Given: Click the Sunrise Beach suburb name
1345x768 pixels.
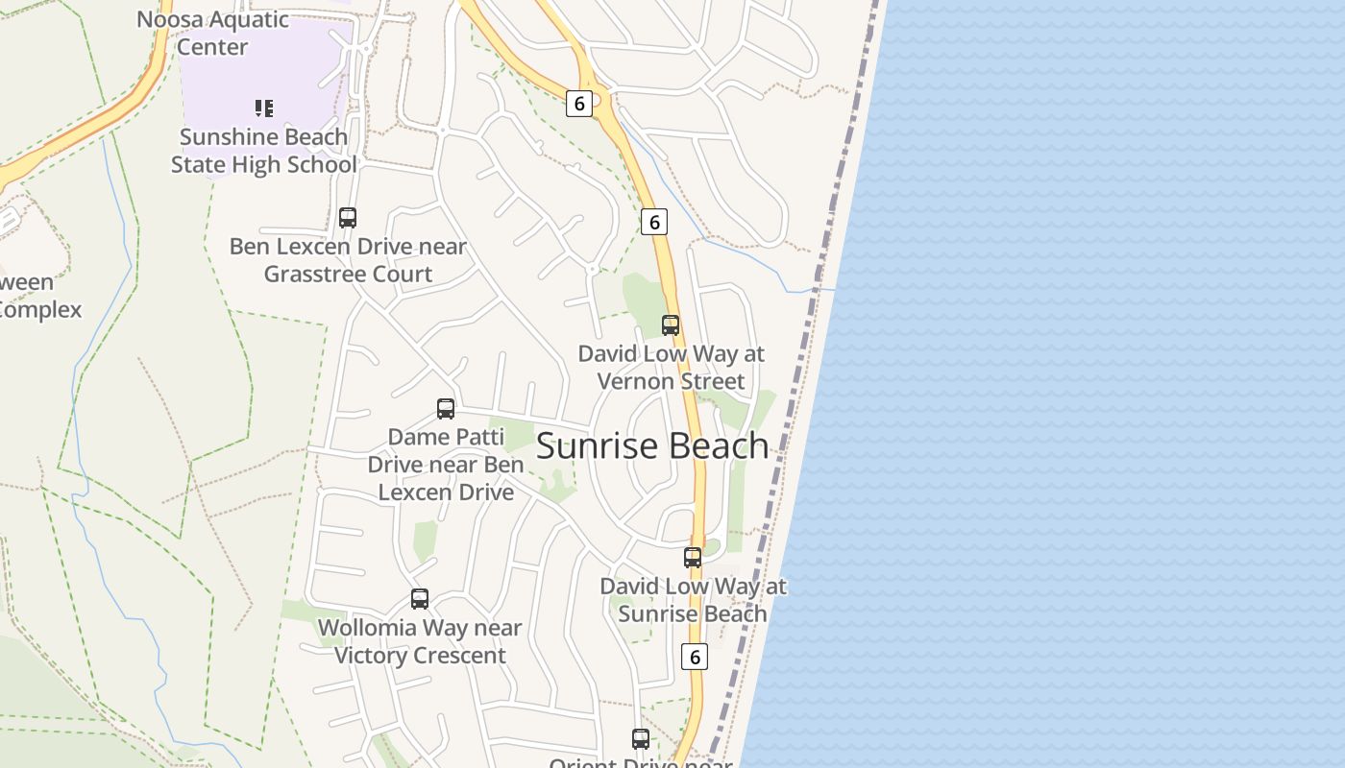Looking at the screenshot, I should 652,446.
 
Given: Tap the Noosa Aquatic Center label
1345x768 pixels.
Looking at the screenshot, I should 212,33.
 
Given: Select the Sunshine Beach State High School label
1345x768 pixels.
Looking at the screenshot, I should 263,151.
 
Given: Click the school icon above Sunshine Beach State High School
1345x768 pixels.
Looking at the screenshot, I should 264,108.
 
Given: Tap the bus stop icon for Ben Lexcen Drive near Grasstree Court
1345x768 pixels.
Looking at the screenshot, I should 348,218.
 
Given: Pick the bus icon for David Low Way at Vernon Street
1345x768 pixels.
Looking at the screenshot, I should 671,325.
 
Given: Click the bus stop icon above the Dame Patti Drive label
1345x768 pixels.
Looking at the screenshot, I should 446,409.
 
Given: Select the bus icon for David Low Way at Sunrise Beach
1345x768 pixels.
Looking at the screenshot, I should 693,558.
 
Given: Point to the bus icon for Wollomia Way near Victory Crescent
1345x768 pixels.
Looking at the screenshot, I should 420,599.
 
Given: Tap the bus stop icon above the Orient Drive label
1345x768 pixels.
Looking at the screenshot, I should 641,739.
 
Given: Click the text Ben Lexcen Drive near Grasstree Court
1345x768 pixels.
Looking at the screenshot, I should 348,260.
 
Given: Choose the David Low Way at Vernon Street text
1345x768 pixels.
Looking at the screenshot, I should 671,368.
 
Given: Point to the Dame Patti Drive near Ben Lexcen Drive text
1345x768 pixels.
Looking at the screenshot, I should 446,465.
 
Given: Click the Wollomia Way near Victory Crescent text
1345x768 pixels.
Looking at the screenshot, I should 420,641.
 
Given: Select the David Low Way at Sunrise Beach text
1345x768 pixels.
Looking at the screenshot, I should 693,600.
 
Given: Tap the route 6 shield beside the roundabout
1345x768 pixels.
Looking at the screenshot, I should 578,104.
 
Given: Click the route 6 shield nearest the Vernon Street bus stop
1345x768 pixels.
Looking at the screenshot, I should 654,223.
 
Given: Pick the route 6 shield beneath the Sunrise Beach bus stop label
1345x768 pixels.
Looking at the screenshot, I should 694,657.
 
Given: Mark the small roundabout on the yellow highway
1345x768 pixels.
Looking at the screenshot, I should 597,99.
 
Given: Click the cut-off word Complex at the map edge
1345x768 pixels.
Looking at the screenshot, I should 40,310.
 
